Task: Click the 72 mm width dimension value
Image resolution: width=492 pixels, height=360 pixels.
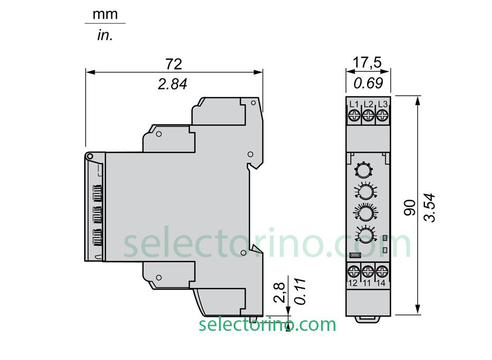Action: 174,64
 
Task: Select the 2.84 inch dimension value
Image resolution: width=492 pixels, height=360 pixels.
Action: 172,84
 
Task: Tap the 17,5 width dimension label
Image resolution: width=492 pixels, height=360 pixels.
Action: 367,62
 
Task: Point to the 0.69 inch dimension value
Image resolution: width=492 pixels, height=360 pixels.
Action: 368,83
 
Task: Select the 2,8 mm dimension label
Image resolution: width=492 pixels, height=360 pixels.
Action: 280,292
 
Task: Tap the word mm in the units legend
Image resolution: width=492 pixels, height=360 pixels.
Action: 105,14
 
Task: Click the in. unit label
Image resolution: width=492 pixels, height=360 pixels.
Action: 105,35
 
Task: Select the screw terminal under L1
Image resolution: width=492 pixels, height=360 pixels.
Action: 354,115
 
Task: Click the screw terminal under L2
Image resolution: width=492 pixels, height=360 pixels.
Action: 368,115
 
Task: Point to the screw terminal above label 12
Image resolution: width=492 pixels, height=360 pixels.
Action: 354,272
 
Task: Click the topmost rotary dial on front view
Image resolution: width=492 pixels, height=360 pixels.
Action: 363,170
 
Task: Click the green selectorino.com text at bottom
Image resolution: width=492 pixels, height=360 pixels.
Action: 267,324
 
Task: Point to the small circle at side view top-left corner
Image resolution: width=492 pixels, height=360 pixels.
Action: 90,156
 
